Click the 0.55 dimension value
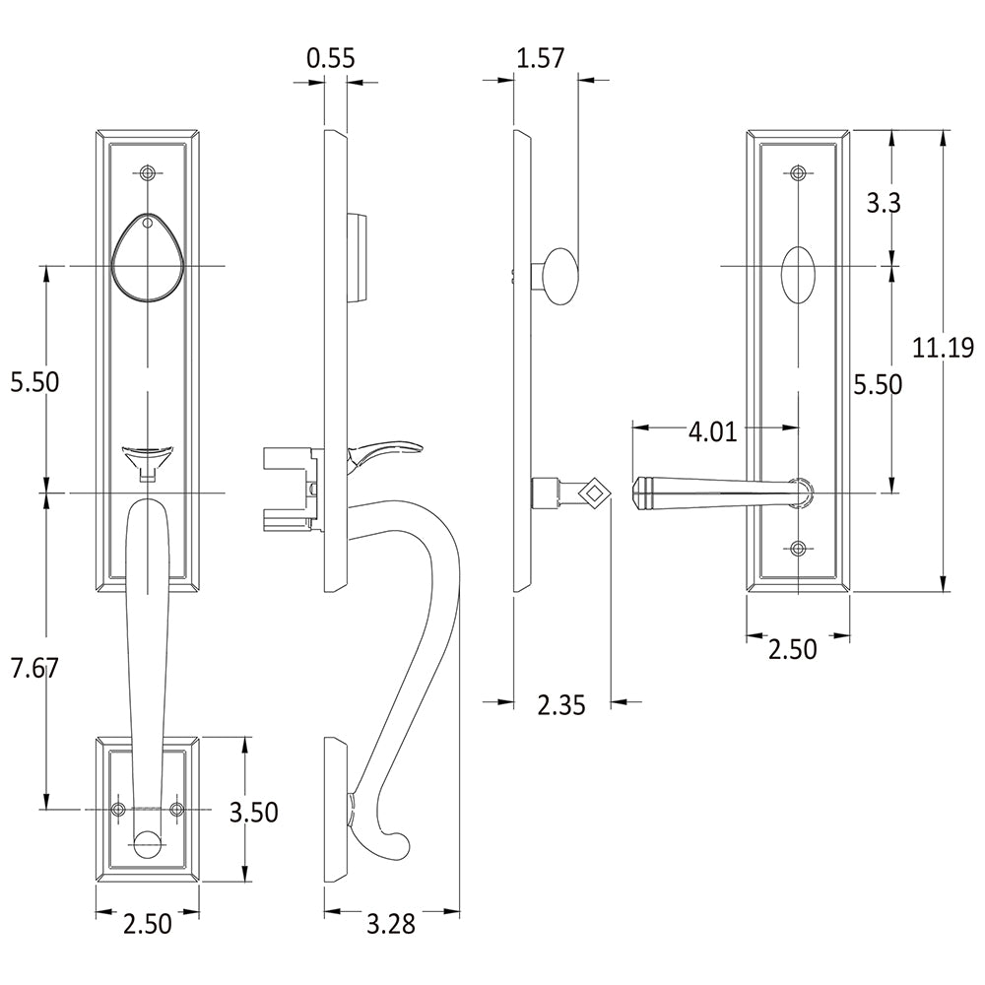tap(330, 58)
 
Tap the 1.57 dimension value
tap(540, 58)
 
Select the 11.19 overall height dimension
tap(942, 347)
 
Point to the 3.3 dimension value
tap(883, 204)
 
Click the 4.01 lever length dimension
tap(712, 431)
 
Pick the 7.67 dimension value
tap(34, 668)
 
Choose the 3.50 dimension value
tap(253, 813)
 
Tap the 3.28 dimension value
tap(390, 924)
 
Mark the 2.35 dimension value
tap(561, 704)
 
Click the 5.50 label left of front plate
tap(34, 381)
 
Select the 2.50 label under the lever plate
tap(792, 650)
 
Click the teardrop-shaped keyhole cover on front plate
tap(147, 257)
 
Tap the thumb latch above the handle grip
tap(148, 456)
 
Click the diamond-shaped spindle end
tap(594, 491)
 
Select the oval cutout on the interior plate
tap(797, 278)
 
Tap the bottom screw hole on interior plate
tap(798, 550)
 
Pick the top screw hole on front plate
tap(148, 174)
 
